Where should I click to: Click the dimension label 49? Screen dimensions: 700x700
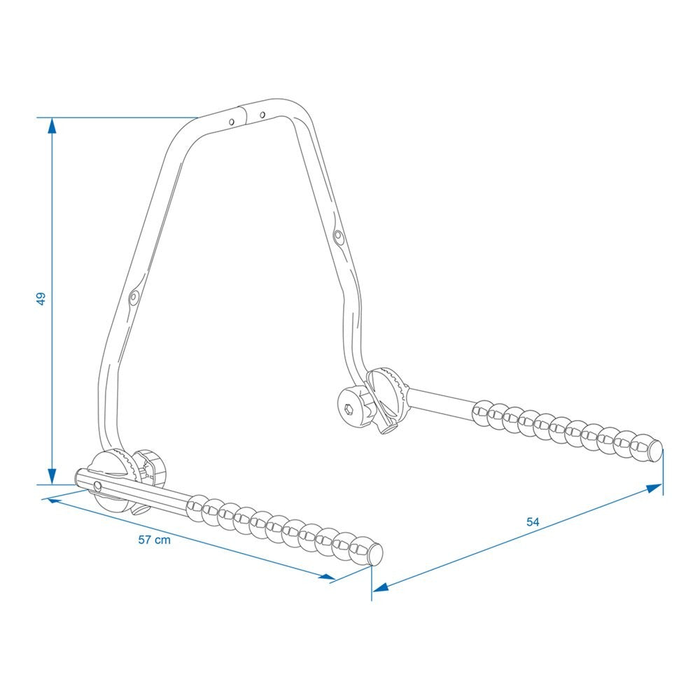(41, 299)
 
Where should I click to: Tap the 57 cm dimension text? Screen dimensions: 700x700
(155, 540)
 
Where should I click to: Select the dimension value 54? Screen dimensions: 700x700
(533, 522)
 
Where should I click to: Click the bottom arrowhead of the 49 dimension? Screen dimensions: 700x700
(52, 476)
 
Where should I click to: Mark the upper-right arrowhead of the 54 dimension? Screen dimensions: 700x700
(654, 487)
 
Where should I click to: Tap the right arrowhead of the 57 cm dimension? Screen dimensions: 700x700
(327, 576)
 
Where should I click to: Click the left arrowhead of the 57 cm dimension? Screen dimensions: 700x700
(54, 501)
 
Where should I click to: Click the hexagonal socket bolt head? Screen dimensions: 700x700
(349, 409)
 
